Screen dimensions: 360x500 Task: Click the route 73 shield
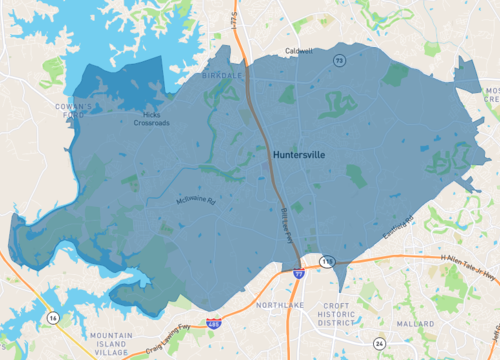point(340,62)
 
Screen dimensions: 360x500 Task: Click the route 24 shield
point(380,343)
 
